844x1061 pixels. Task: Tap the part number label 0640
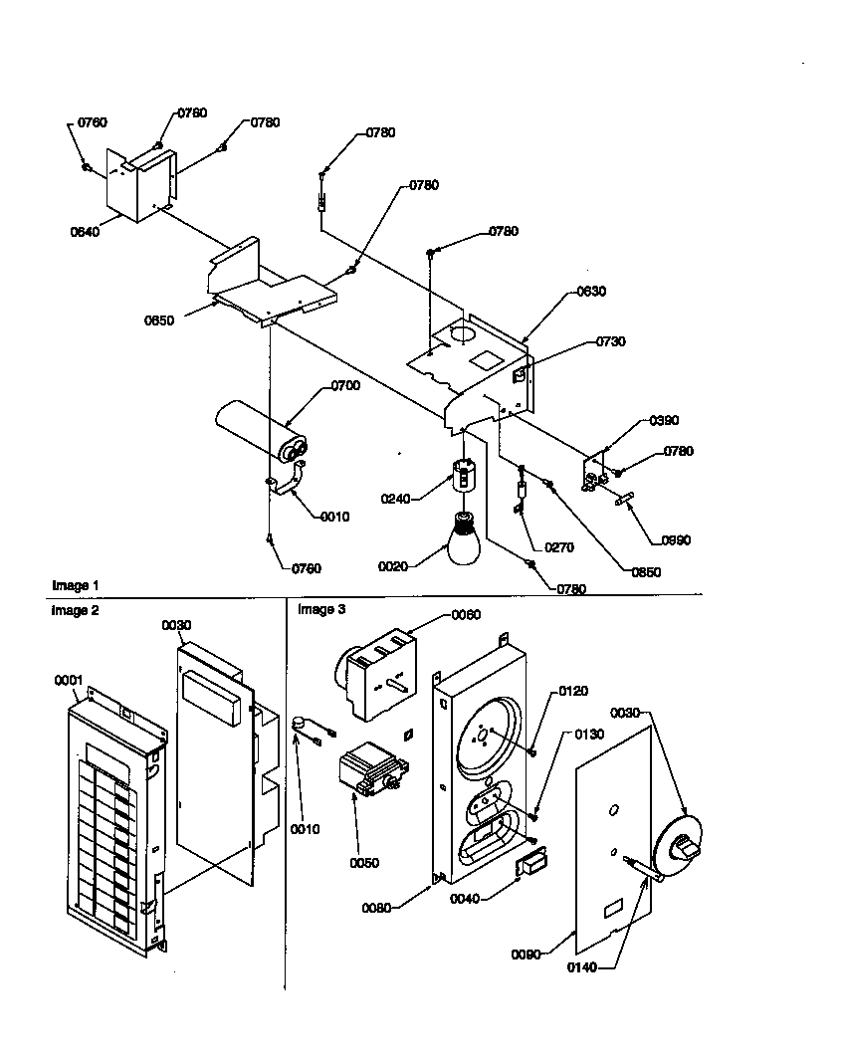(x=85, y=232)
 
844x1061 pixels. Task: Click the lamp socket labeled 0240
(x=462, y=475)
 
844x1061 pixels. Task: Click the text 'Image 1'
(x=76, y=585)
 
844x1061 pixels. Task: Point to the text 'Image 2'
(x=76, y=610)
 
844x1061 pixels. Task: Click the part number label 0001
(x=67, y=680)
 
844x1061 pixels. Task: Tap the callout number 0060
(x=437, y=615)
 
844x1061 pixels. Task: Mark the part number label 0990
(x=675, y=540)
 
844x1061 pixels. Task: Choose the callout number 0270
(x=558, y=547)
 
